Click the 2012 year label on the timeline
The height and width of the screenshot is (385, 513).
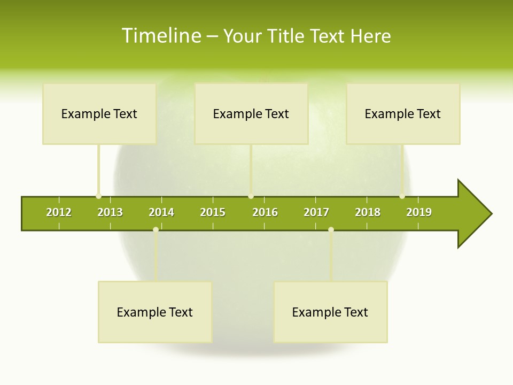coord(59,212)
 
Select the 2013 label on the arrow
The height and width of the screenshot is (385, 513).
coord(110,212)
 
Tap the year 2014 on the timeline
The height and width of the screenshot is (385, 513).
coord(161,212)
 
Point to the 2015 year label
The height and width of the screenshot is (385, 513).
coord(213,212)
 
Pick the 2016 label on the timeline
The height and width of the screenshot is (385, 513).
coord(265,212)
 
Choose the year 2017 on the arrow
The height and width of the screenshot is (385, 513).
coord(316,212)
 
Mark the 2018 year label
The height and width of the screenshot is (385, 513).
coord(368,212)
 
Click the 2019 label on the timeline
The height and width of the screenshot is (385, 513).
coord(419,212)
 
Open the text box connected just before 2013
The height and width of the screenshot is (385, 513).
coord(99,113)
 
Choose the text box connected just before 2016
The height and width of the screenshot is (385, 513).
coord(251,113)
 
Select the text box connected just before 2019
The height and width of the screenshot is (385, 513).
coord(403,113)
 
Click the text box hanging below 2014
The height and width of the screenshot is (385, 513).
coord(155,312)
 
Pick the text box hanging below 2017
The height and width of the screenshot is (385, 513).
coord(330,312)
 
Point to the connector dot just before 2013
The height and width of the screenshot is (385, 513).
coord(98,196)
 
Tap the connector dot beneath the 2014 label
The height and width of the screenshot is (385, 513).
coord(156,230)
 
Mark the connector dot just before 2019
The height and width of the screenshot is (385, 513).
coord(402,196)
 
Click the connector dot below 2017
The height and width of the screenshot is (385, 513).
coord(331,230)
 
